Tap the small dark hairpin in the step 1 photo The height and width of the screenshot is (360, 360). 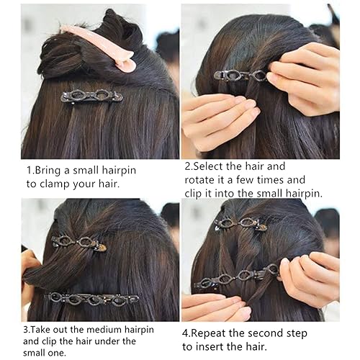(x=91, y=95)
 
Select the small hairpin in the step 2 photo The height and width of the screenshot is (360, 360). (x=241, y=74)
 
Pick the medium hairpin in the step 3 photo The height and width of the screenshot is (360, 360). (x=91, y=298)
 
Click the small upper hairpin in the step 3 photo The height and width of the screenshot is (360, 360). (x=78, y=243)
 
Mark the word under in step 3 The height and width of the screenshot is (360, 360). (x=122, y=341)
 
